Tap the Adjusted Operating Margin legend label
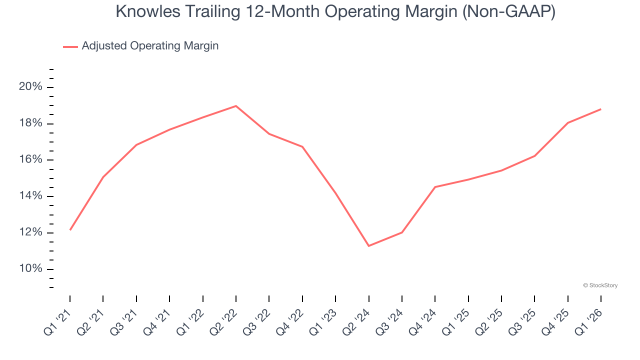(150, 46)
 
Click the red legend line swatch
(70, 46)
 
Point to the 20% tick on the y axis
(31, 87)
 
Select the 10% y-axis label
(31, 269)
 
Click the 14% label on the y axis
(31, 196)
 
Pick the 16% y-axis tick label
(31, 160)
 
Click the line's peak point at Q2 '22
(236, 106)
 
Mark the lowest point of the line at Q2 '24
(368, 245)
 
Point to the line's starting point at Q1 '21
(70, 229)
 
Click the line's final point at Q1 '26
(600, 109)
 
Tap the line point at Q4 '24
(435, 187)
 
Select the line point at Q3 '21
(136, 145)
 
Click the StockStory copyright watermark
(600, 285)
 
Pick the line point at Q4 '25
(567, 122)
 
